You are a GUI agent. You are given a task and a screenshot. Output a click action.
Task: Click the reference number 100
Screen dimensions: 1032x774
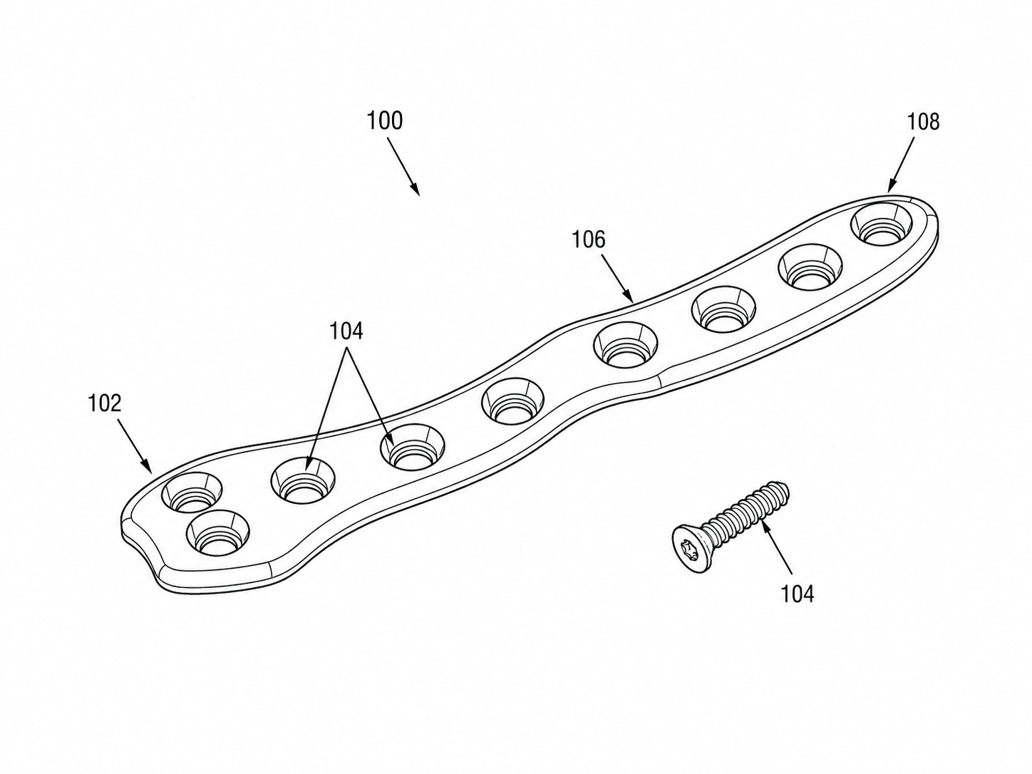coord(385,120)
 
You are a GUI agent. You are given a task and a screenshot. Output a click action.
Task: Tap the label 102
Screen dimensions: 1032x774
coord(104,403)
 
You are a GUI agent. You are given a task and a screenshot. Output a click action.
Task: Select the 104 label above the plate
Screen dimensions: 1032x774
coord(346,331)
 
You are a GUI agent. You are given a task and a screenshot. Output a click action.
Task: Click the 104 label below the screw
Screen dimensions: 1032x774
coord(798,594)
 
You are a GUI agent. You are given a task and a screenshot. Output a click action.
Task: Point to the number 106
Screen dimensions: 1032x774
coord(589,239)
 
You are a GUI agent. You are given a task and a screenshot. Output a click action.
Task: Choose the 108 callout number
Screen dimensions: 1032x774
coord(923,122)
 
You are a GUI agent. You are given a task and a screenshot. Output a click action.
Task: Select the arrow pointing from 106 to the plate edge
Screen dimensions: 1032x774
coord(618,278)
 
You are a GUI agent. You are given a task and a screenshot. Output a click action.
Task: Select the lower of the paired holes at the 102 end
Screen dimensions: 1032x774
coord(217,533)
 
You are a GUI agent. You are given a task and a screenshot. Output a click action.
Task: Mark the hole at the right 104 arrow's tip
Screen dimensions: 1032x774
coord(413,448)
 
